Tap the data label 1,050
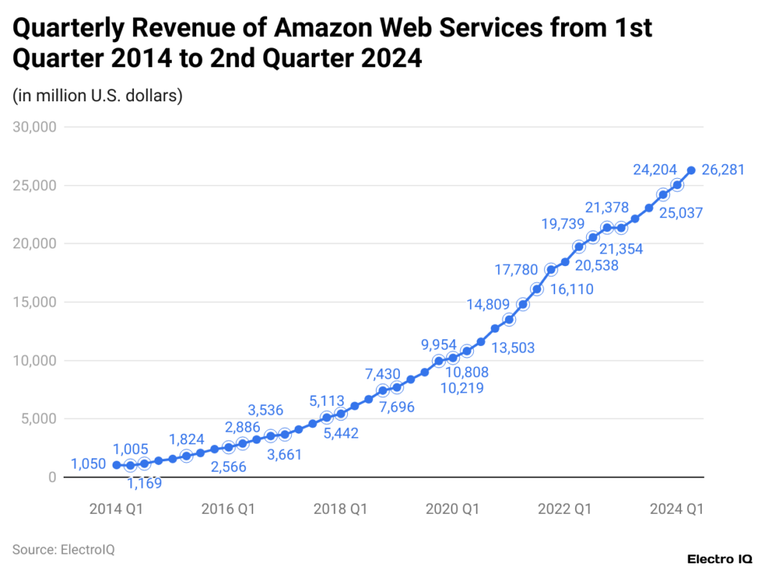pyautogui.click(x=90, y=465)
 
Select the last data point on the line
pyautogui.click(x=691, y=171)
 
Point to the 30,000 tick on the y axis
pyautogui.click(x=36, y=126)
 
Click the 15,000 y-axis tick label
pyautogui.click(x=36, y=302)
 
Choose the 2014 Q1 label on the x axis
pyautogui.click(x=116, y=509)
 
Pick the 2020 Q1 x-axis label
pyautogui.click(x=452, y=509)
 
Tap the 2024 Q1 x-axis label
pyautogui.click(x=676, y=509)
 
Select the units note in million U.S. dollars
pyautogui.click(x=97, y=95)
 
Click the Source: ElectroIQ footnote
pyautogui.click(x=63, y=549)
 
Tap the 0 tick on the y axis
pyautogui.click(x=52, y=478)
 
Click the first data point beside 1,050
pyautogui.click(x=116, y=465)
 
